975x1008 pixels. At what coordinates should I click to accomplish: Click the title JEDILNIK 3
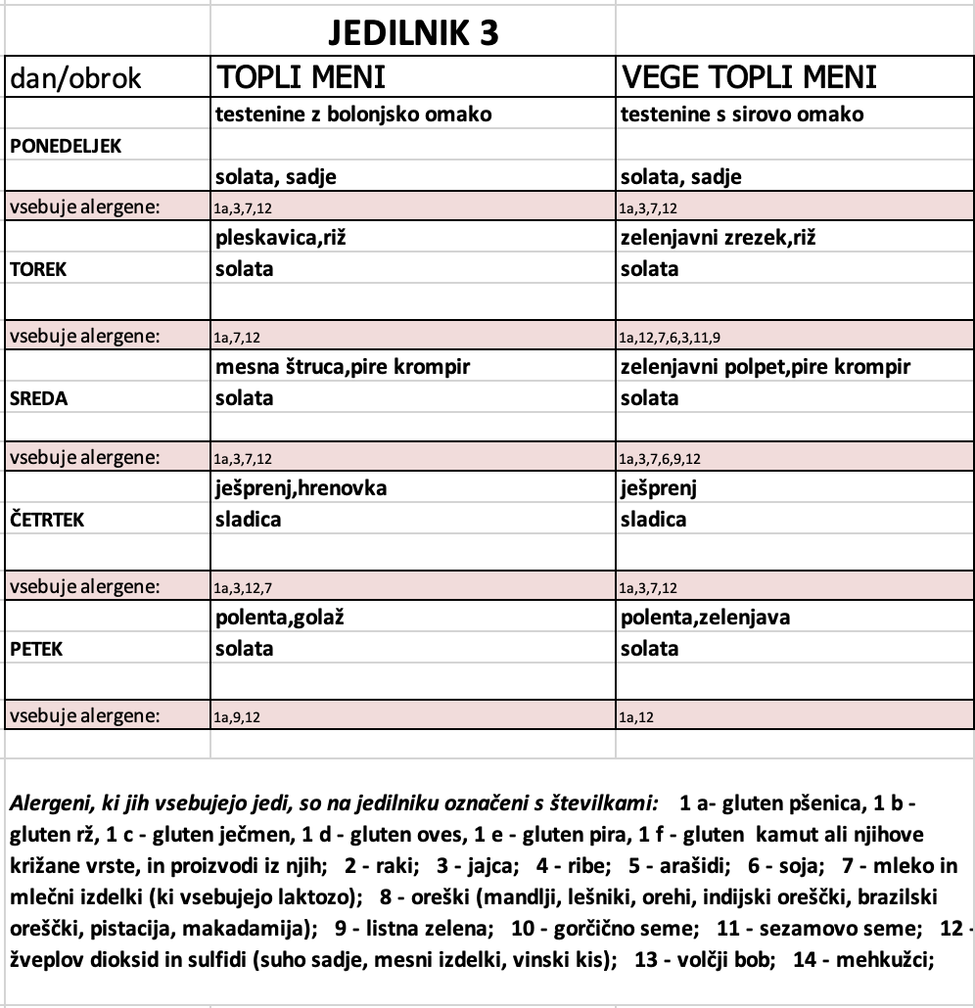pyautogui.click(x=412, y=33)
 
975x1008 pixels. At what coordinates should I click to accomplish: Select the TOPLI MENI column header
pyautogui.click(x=301, y=78)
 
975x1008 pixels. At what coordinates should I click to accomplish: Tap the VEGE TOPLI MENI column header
pyautogui.click(x=748, y=78)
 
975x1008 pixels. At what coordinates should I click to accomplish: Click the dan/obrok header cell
pyautogui.click(x=76, y=79)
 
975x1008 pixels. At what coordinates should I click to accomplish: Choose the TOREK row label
pyautogui.click(x=38, y=269)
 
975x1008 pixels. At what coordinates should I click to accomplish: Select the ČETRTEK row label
pyautogui.click(x=47, y=520)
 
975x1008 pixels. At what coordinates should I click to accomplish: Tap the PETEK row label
pyautogui.click(x=37, y=649)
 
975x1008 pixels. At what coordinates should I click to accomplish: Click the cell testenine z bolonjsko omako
pyautogui.click(x=352, y=115)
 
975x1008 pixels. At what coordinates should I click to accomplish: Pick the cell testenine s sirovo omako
pyautogui.click(x=742, y=115)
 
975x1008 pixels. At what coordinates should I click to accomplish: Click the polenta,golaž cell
pyautogui.click(x=282, y=618)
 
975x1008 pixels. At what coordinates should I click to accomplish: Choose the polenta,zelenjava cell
pyautogui.click(x=705, y=618)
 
